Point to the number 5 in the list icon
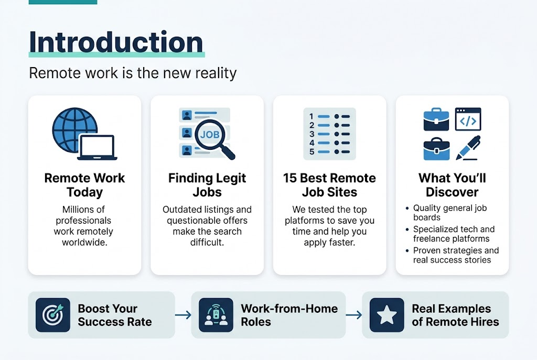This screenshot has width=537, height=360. pos(312,152)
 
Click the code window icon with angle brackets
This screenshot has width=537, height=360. pos(468,120)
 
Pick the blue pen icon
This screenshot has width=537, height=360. pos(468,148)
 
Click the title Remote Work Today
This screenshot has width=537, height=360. pos(84,185)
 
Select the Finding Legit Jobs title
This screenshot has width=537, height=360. pos(207,185)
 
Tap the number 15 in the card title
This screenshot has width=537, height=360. pos(290,178)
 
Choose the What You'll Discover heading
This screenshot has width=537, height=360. pos(452,185)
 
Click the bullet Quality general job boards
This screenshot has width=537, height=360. pos(450,213)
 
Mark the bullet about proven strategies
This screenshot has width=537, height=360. pos(455,255)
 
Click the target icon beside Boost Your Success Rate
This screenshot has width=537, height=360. pos(53,315)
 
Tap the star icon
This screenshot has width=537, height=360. pos(387,315)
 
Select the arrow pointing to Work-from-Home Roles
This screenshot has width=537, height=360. pos(183,315)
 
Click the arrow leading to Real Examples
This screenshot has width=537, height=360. pos(354,315)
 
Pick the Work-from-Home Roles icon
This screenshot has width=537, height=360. pos(216,315)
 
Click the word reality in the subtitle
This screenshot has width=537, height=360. pos(214,72)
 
